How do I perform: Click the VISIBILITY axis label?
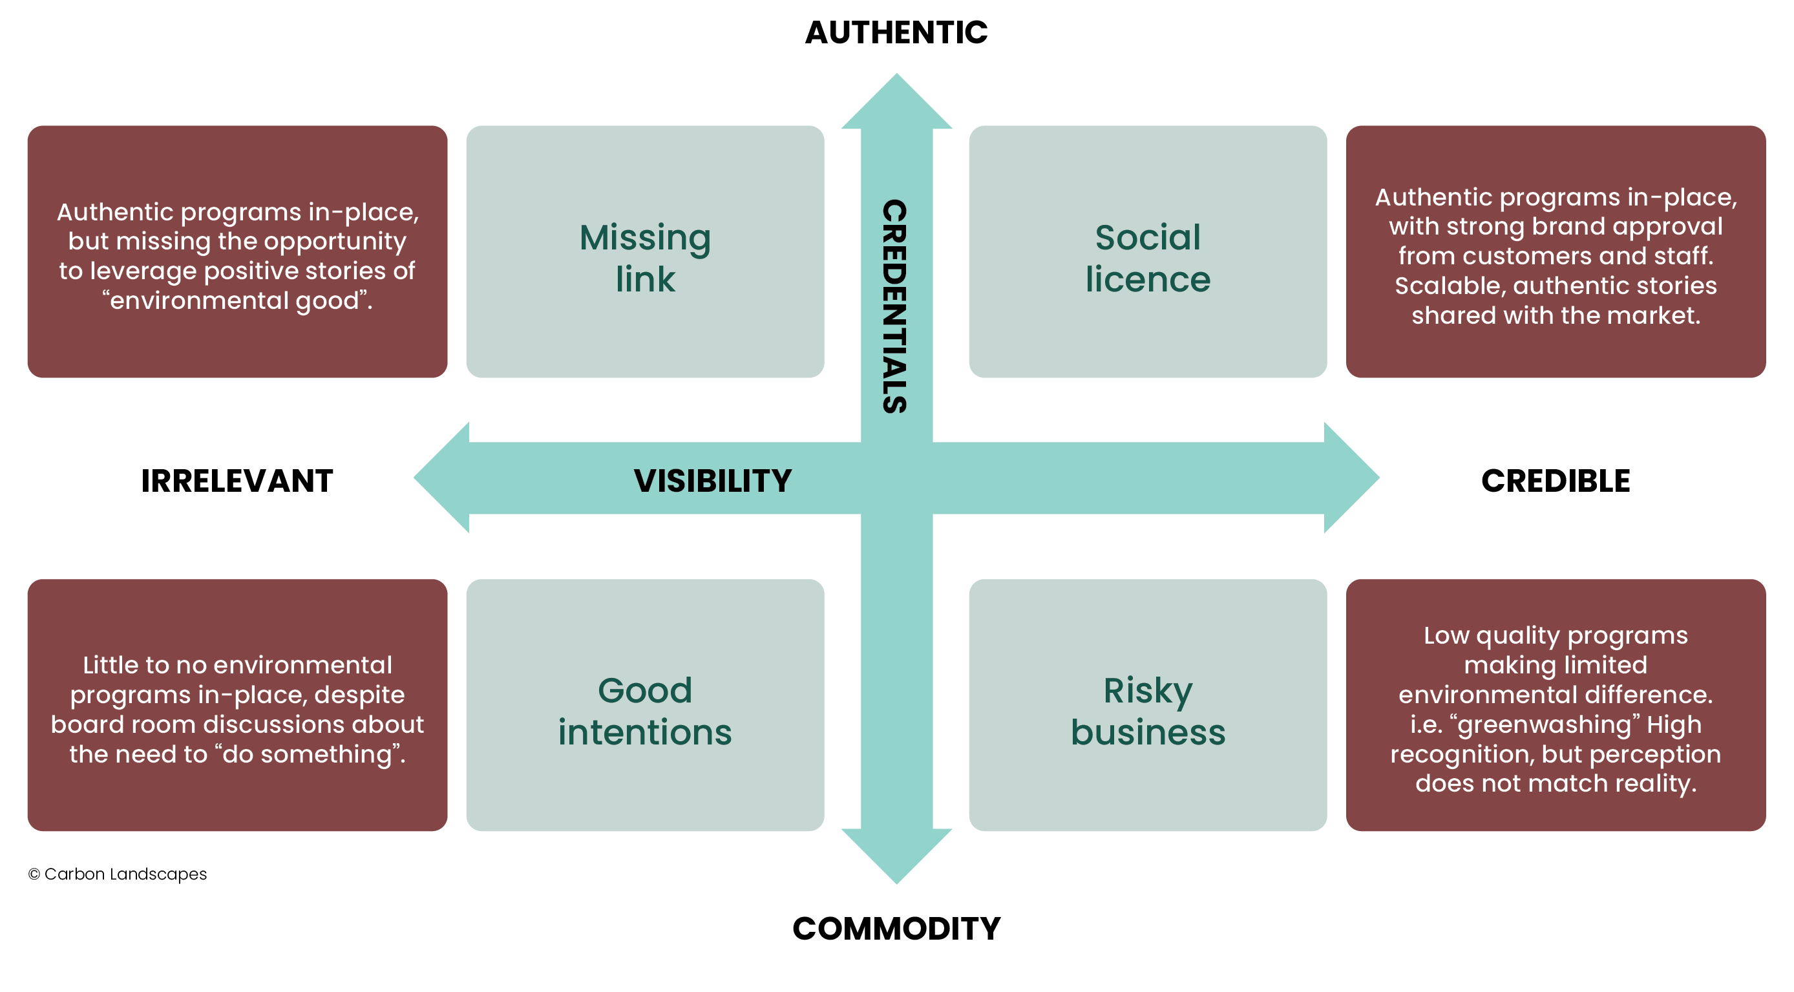pyautogui.click(x=712, y=481)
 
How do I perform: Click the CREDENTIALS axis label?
pyautogui.click(x=895, y=306)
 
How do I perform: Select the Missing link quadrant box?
pyautogui.click(x=645, y=251)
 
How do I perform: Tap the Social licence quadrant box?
pyautogui.click(x=1148, y=251)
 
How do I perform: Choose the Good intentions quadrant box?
pyautogui.click(x=645, y=705)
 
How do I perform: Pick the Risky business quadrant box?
pyautogui.click(x=1148, y=705)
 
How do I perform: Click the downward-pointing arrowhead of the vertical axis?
pyautogui.click(x=896, y=857)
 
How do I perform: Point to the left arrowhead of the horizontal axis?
pyautogui.click(x=441, y=478)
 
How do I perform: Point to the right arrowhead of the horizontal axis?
pyautogui.click(x=1352, y=478)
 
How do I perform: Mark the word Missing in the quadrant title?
pyautogui.click(x=645, y=238)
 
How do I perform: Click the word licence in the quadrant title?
pyautogui.click(x=1148, y=279)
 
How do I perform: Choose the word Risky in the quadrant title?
pyautogui.click(x=1148, y=691)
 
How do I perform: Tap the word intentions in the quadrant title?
pyautogui.click(x=645, y=733)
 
